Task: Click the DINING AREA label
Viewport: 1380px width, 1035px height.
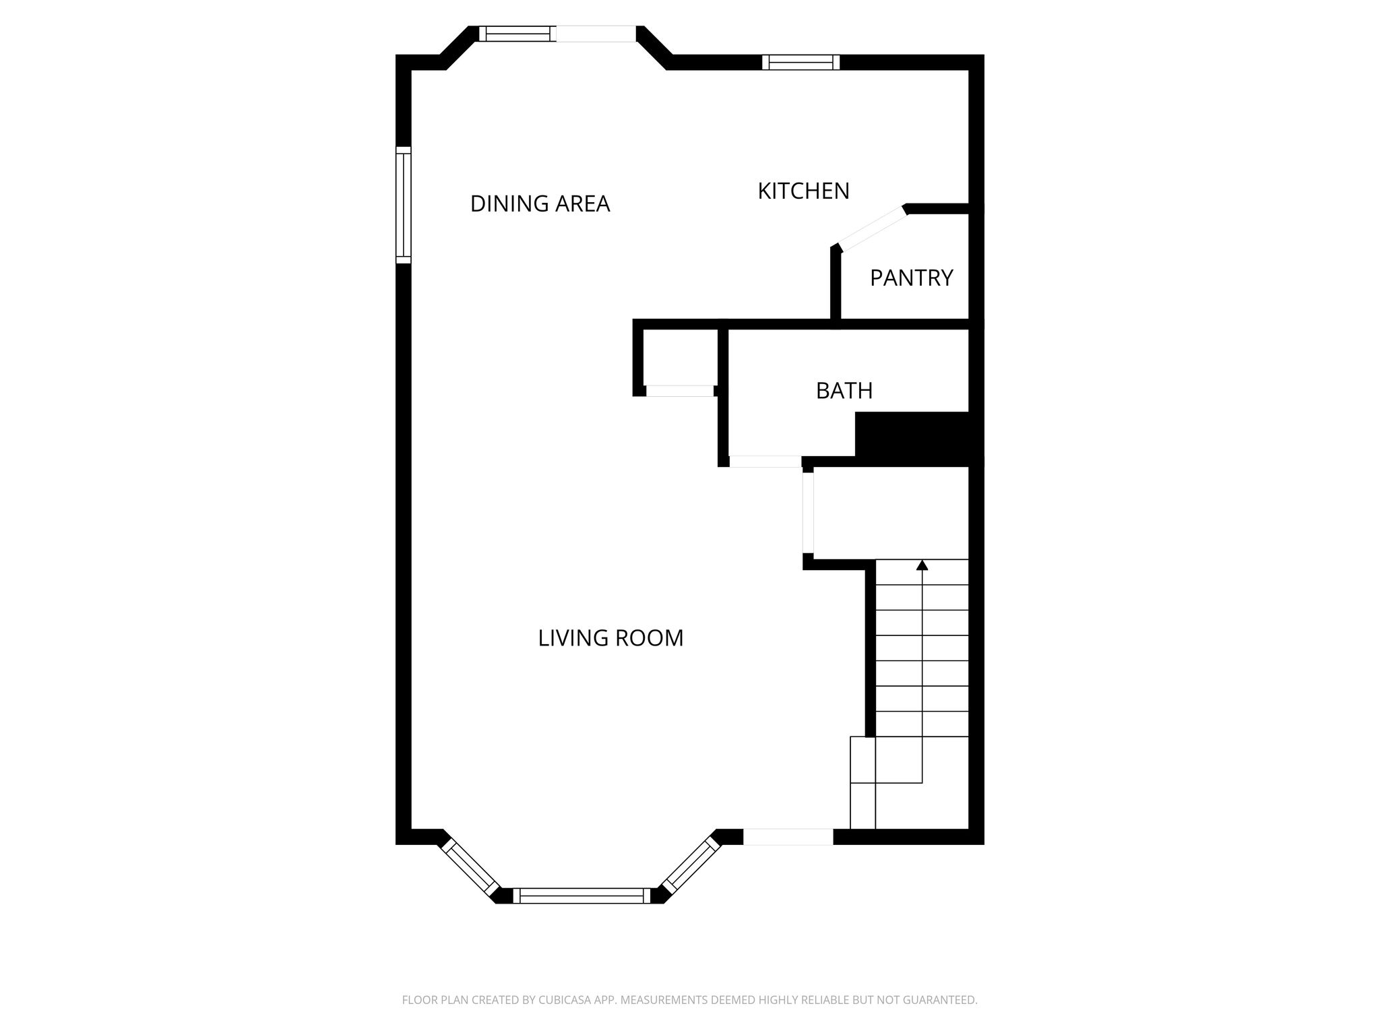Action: click(x=540, y=203)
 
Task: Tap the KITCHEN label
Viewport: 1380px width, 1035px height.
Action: click(x=803, y=191)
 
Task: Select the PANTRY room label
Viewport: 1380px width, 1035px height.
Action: click(x=911, y=278)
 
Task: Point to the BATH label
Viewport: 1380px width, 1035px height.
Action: click(x=844, y=391)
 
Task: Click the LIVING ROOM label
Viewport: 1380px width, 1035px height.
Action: click(x=610, y=638)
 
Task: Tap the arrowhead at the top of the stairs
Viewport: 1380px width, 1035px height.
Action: click(x=922, y=565)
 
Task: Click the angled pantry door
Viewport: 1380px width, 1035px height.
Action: click(x=872, y=228)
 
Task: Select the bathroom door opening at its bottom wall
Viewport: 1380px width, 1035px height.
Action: click(x=765, y=462)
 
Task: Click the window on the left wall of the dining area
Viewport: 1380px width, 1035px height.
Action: click(x=403, y=205)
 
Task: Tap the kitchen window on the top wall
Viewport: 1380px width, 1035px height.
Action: click(x=801, y=63)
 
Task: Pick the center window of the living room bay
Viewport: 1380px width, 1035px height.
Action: click(x=582, y=896)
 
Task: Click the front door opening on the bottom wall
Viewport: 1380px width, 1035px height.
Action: click(x=788, y=836)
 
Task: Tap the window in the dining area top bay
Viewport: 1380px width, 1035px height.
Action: click(x=517, y=34)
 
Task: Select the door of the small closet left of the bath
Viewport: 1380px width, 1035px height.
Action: click(x=680, y=391)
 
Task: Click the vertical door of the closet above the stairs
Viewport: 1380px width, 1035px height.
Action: click(x=808, y=512)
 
